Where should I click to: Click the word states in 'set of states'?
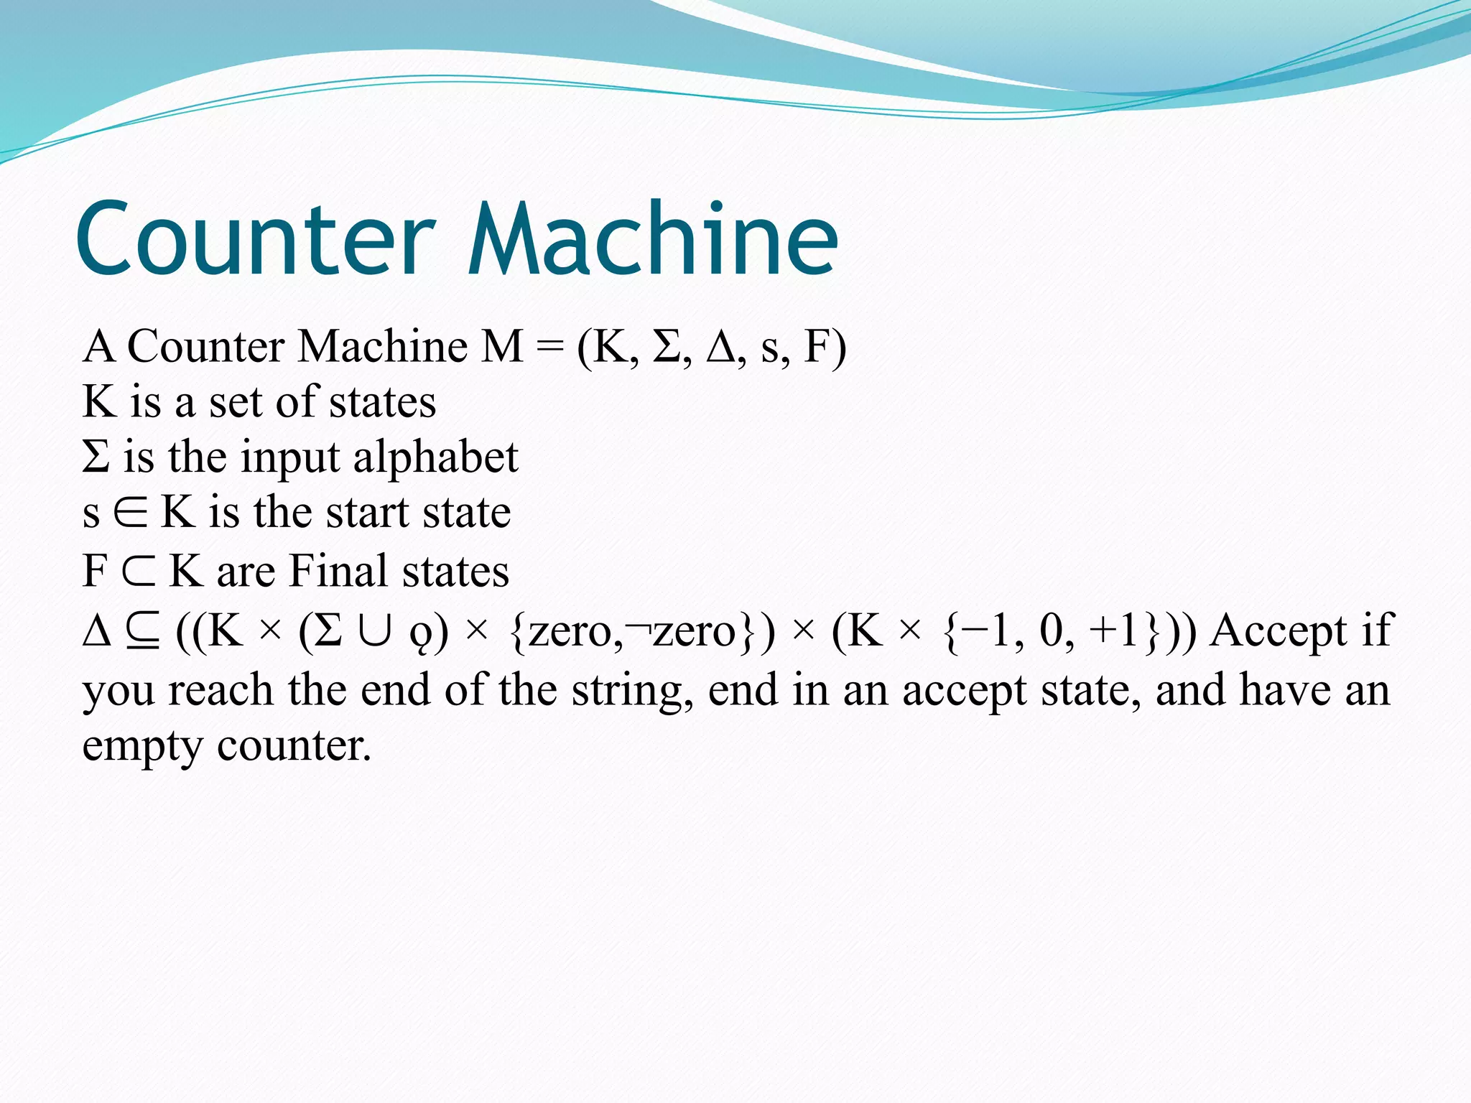[381, 402]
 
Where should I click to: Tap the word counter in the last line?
[294, 747]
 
